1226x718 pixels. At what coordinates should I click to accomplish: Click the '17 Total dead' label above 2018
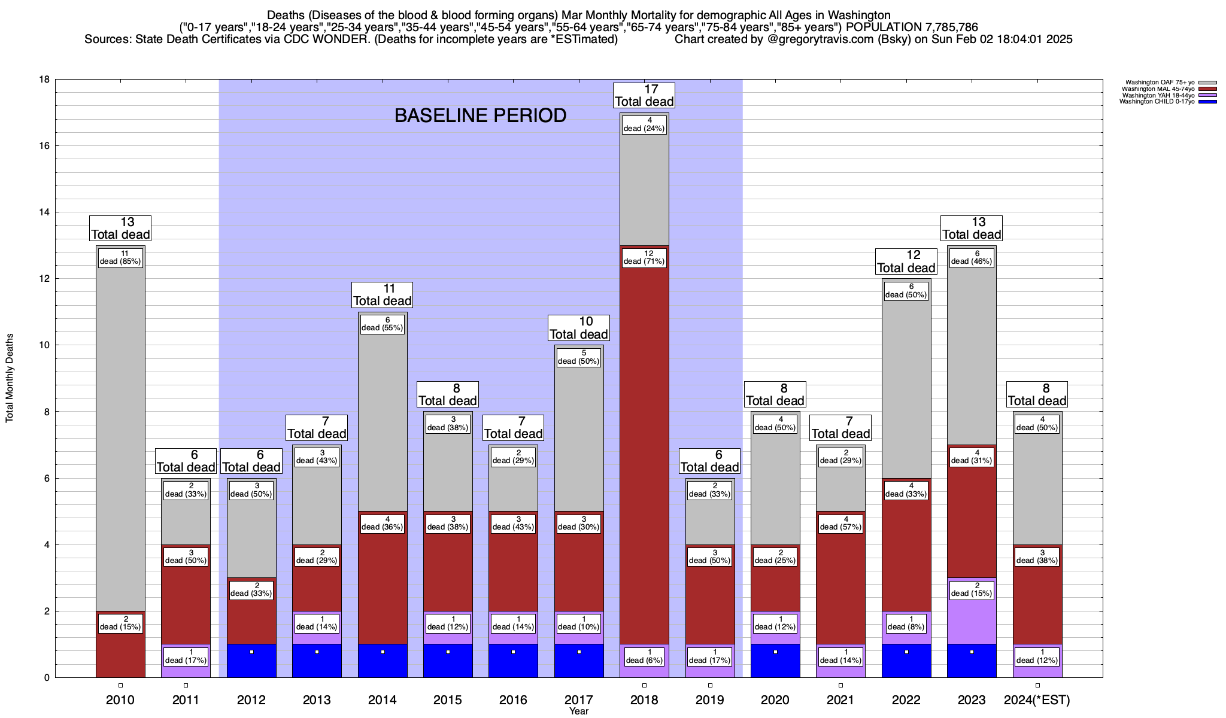(644, 96)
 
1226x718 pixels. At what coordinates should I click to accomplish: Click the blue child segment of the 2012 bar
(251, 664)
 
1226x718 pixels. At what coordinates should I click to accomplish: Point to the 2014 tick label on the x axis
(382, 699)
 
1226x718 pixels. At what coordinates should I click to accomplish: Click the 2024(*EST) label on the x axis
(1037, 699)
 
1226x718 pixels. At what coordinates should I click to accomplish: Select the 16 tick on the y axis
(44, 146)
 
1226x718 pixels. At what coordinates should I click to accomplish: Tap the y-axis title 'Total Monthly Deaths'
(10, 378)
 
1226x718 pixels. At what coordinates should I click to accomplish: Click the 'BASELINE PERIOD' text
(480, 115)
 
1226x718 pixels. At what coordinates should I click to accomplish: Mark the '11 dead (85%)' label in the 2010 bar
(120, 258)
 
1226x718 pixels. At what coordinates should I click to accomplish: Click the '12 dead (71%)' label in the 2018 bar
(644, 258)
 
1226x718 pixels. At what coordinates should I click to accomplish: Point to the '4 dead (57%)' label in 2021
(840, 524)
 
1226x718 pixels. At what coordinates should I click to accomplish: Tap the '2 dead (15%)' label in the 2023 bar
(972, 590)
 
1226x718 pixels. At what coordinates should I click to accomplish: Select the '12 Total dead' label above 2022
(906, 262)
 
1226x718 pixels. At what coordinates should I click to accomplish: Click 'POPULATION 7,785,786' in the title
(912, 28)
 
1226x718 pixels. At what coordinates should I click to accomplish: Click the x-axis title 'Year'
(579, 711)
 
